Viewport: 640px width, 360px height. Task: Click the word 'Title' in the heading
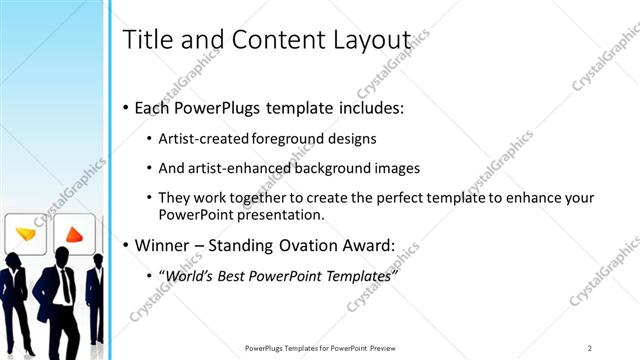pos(145,40)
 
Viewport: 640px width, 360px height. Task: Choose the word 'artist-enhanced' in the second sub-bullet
pos(241,168)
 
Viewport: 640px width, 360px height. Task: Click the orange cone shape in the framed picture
pos(74,235)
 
